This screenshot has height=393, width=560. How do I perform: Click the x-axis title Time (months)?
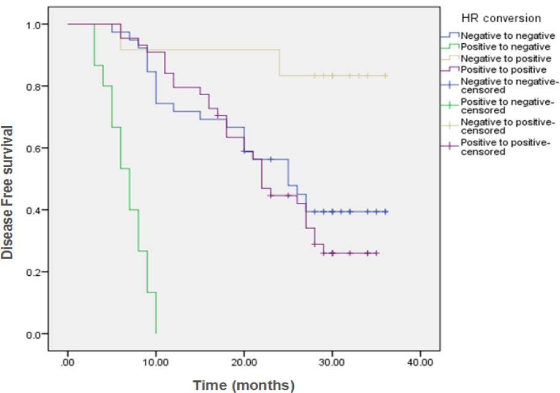(x=243, y=386)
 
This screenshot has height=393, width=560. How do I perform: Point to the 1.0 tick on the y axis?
(x=36, y=25)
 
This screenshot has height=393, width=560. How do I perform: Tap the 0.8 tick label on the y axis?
(x=36, y=86)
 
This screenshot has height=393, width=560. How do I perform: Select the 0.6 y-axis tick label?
(x=36, y=148)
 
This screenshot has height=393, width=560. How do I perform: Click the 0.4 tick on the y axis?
(x=36, y=210)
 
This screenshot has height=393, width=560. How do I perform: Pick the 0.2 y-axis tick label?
(x=36, y=272)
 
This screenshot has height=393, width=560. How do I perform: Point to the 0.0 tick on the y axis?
(x=36, y=334)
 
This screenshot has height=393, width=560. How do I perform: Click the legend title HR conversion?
(x=493, y=19)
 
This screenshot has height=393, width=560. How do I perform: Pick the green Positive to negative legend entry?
(x=501, y=46)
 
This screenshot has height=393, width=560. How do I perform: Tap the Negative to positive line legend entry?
(x=501, y=58)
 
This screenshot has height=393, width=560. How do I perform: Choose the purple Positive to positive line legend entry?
(x=500, y=70)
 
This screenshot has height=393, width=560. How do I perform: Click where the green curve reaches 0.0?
(x=156, y=333)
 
